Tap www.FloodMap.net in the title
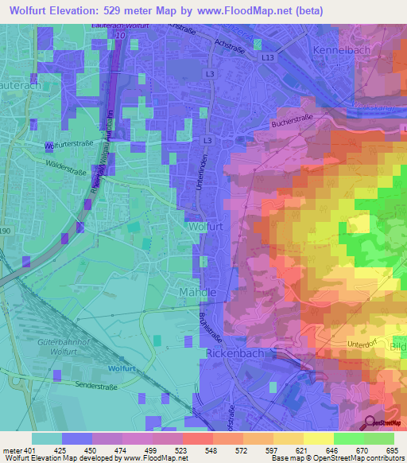[273, 12]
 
